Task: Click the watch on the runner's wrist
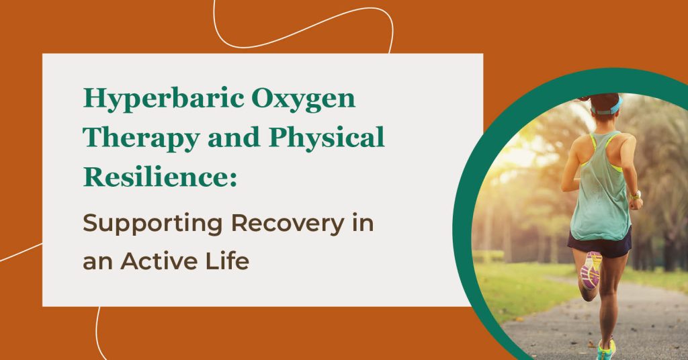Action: (635, 195)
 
